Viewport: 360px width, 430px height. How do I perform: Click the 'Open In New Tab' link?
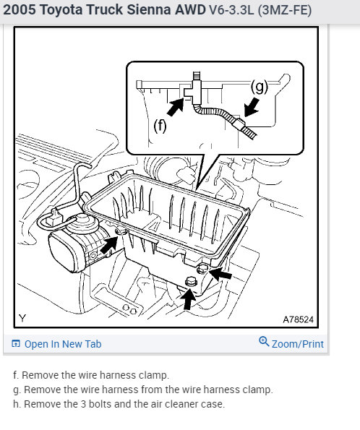(x=63, y=344)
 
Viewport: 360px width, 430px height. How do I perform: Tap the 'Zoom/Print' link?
(x=298, y=344)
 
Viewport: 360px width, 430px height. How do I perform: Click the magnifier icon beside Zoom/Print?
(x=264, y=341)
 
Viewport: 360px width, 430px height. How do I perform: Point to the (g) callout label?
(x=259, y=87)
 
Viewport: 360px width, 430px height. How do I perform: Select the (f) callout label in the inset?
(x=160, y=126)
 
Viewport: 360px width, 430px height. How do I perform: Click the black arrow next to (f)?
(x=176, y=107)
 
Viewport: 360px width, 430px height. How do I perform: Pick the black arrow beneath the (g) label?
(x=252, y=108)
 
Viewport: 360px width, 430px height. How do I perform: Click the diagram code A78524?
(x=298, y=319)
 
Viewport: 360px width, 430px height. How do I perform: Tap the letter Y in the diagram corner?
(x=22, y=319)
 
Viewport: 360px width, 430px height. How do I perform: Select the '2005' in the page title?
(x=20, y=9)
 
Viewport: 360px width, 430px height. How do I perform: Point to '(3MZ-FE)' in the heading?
(x=285, y=10)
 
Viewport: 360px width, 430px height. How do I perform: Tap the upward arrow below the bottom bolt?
(x=188, y=299)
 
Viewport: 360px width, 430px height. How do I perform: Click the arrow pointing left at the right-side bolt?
(x=220, y=274)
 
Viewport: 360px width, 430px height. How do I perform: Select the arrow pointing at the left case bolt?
(x=108, y=244)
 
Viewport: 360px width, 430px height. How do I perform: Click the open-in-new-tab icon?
(x=16, y=343)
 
